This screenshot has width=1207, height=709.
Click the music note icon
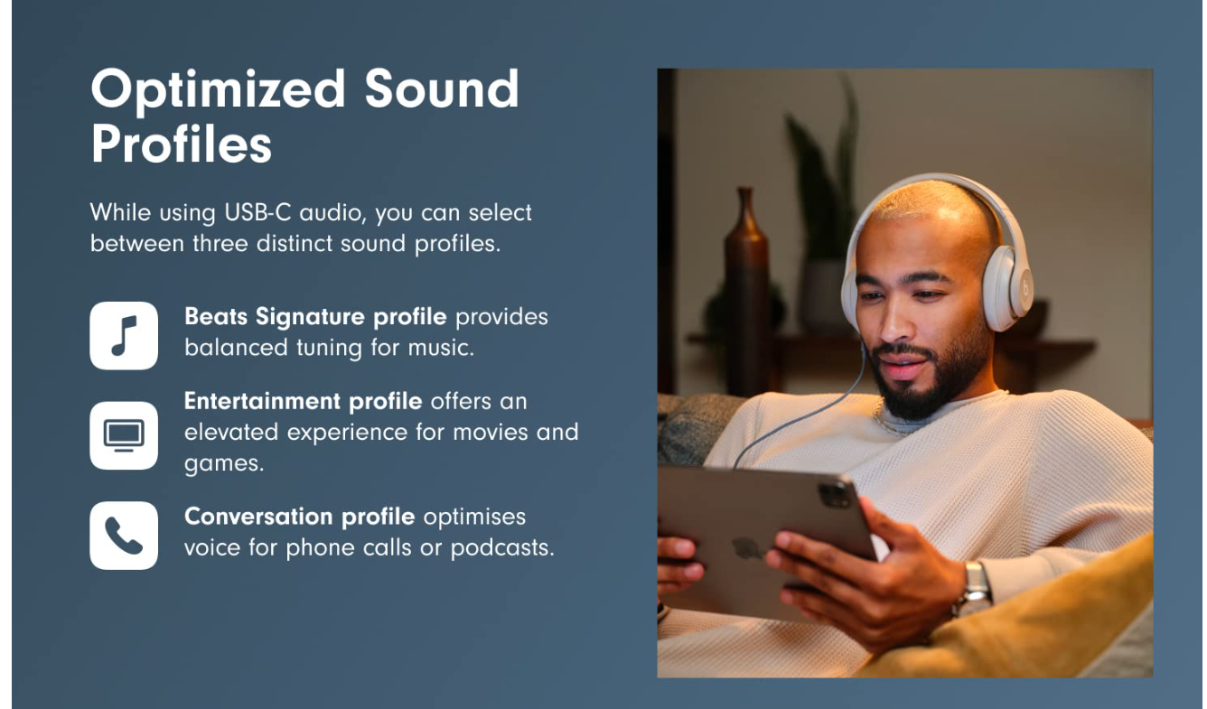(124, 336)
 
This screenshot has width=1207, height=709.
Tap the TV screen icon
(124, 435)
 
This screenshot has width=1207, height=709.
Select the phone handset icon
(124, 536)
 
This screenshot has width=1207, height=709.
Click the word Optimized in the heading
(219, 90)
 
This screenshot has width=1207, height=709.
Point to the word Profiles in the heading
(181, 144)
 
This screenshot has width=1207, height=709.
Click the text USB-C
(257, 212)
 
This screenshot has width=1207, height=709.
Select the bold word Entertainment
(262, 401)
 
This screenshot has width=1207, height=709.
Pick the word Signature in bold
(310, 318)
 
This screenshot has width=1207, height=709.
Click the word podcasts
(502, 548)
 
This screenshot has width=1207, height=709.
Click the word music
(441, 348)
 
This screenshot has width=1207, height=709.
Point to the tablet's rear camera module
(834, 493)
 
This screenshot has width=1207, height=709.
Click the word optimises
(474, 518)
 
